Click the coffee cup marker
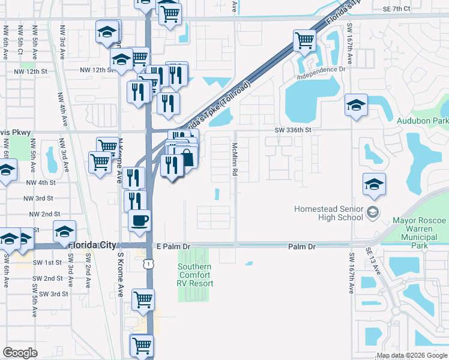pos(140,220)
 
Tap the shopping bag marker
pos(187,158)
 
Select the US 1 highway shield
pos(146,263)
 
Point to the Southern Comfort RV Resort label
pos(194,275)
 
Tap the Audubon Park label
pos(423,120)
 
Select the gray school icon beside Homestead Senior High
pos(373,212)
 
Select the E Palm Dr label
pos(173,247)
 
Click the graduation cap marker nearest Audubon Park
pos(356,106)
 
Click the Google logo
pos(20,353)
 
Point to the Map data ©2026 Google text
pos(411,356)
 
